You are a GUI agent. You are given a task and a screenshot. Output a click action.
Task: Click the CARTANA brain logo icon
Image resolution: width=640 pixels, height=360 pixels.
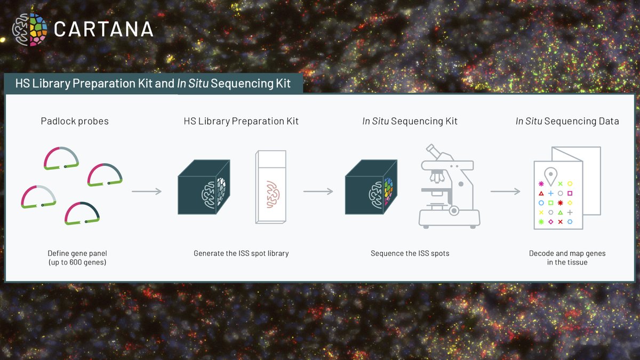(x=29, y=29)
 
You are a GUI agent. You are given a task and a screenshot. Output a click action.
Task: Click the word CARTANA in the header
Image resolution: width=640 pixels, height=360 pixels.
(x=103, y=29)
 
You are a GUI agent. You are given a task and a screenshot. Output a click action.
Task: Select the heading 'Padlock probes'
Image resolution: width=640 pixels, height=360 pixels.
(x=75, y=122)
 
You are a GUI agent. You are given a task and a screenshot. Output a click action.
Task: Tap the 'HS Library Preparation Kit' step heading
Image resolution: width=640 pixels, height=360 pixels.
(x=241, y=122)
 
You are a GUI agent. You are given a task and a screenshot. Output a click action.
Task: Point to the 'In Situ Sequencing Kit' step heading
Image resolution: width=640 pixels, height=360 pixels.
(x=410, y=122)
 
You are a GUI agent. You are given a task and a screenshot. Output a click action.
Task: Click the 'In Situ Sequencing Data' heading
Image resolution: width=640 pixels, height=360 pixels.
(x=567, y=122)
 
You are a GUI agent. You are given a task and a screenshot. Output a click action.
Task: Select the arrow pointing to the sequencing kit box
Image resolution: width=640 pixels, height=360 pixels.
(x=318, y=191)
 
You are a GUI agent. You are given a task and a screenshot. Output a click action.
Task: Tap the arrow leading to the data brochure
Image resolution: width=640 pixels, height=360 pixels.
(x=505, y=191)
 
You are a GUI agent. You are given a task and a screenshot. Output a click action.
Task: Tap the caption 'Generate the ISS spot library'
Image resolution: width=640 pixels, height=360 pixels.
(x=241, y=253)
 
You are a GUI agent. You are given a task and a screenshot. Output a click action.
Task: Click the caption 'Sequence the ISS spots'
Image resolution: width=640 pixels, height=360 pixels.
(x=410, y=253)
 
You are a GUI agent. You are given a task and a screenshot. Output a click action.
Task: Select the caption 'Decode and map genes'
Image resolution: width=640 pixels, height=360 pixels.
(x=567, y=253)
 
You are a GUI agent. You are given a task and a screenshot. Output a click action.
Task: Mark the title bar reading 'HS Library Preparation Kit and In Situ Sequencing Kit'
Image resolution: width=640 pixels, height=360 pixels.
(x=154, y=84)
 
